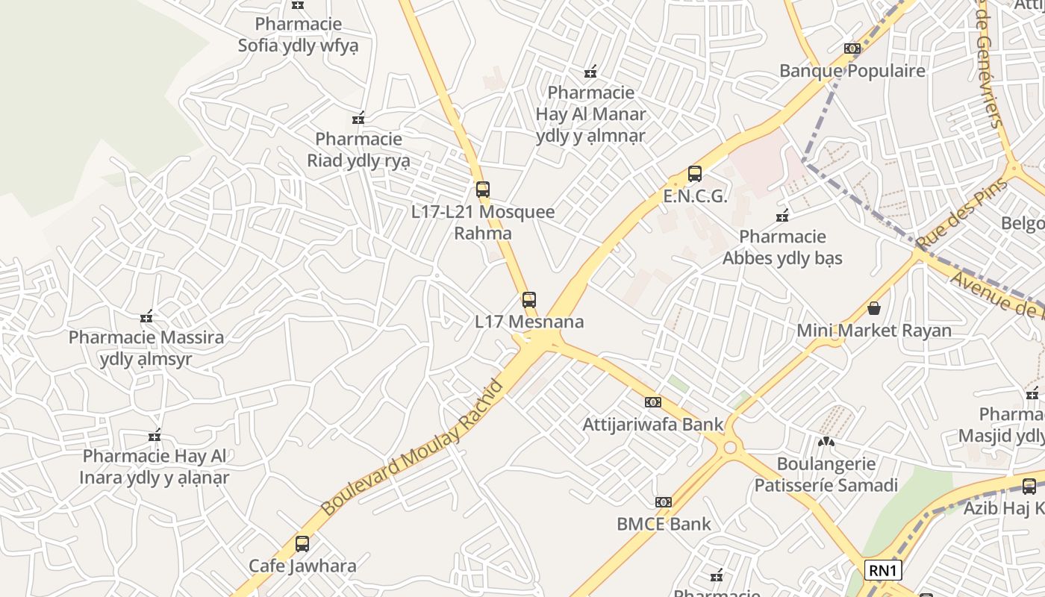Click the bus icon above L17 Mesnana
click(x=529, y=300)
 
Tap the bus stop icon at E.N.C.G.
click(x=695, y=174)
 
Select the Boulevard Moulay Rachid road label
click(x=413, y=448)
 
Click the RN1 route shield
click(x=883, y=571)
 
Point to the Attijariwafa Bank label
click(x=653, y=425)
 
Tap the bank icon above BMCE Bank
click(x=664, y=502)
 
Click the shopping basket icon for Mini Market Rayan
click(x=874, y=308)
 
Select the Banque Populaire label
click(x=852, y=71)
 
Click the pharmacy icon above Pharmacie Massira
click(x=146, y=316)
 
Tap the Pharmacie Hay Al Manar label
click(x=590, y=114)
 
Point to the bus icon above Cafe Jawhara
click(x=302, y=544)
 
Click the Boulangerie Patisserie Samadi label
click(x=826, y=475)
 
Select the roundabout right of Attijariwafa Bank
click(x=730, y=448)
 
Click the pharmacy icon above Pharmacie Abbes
click(x=782, y=216)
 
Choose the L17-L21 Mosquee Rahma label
click(x=484, y=222)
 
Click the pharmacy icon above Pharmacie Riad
click(x=358, y=118)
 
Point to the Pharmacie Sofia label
click(x=299, y=34)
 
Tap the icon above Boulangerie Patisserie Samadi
click(x=826, y=442)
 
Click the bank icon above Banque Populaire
click(x=852, y=49)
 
